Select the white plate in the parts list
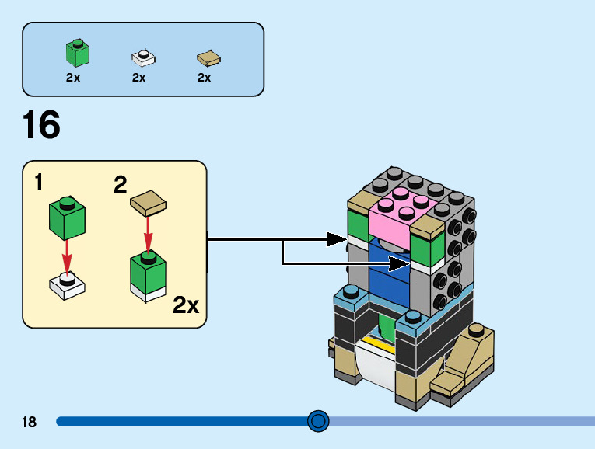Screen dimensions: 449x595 click(x=143, y=57)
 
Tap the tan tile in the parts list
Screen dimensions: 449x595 click(x=208, y=58)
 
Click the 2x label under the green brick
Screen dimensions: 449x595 click(x=73, y=78)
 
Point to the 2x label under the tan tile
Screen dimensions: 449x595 click(x=205, y=78)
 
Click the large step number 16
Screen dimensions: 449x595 click(x=41, y=126)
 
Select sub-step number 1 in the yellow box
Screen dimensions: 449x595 click(x=39, y=183)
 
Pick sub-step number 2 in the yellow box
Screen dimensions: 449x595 click(x=120, y=185)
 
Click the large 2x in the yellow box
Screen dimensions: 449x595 click(x=186, y=305)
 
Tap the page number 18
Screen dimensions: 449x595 click(x=30, y=423)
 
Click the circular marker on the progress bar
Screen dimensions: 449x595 click(x=318, y=422)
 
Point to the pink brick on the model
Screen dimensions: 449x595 click(x=400, y=212)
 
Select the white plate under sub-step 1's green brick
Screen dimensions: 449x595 click(x=67, y=286)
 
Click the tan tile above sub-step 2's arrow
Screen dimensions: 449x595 click(x=148, y=204)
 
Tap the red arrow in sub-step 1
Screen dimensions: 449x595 click(x=68, y=252)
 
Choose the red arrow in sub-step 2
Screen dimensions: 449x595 click(x=148, y=233)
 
